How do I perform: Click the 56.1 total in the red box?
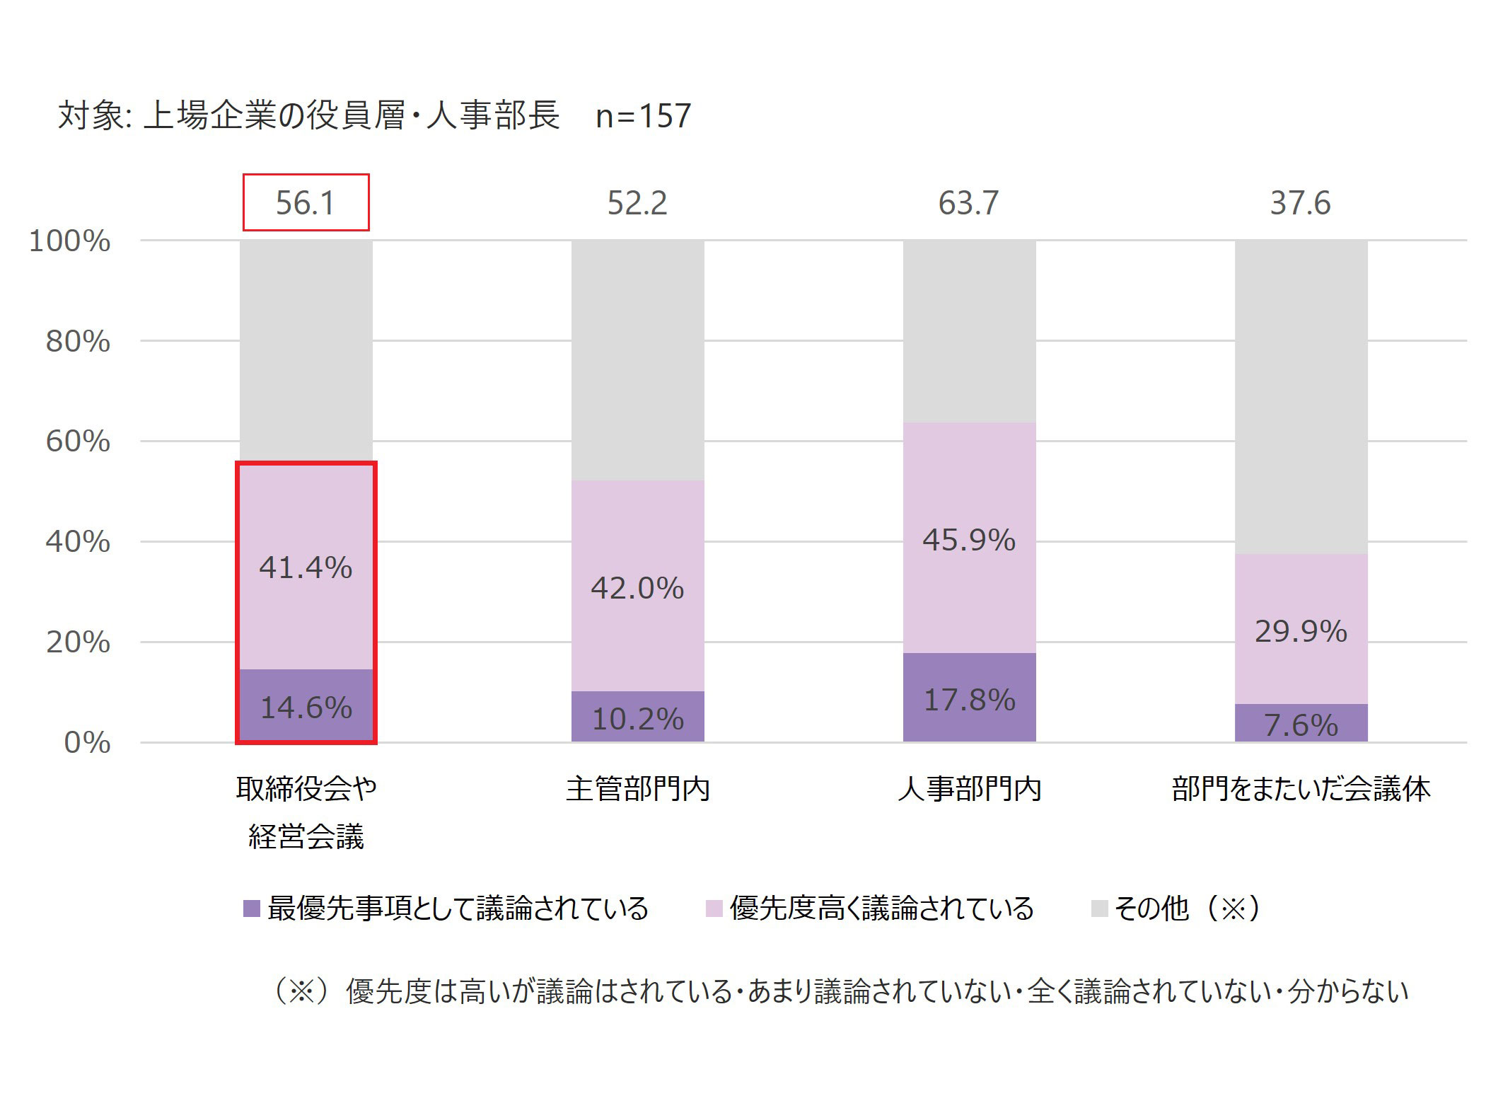tap(305, 203)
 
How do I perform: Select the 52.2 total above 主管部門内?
tap(637, 203)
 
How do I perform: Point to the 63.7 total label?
tap(968, 203)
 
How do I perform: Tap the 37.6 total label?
tap(1300, 203)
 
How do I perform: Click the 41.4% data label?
tap(306, 567)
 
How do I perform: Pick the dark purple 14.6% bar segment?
tap(306, 705)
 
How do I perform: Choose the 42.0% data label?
tap(637, 588)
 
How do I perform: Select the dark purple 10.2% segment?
tap(637, 717)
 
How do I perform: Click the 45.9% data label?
tap(969, 541)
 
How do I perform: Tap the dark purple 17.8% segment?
tap(969, 698)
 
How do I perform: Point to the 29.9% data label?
tap(1301, 631)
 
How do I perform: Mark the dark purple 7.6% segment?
tap(1301, 723)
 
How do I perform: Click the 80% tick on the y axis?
tap(78, 341)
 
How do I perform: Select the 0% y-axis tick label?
tap(87, 743)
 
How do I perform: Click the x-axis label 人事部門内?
tap(969, 789)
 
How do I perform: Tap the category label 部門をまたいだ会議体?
tap(1301, 789)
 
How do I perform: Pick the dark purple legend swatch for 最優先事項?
tap(251, 908)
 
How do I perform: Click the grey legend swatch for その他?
tap(1099, 908)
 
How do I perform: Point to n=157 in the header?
tap(643, 116)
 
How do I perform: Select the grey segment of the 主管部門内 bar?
tap(637, 361)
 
